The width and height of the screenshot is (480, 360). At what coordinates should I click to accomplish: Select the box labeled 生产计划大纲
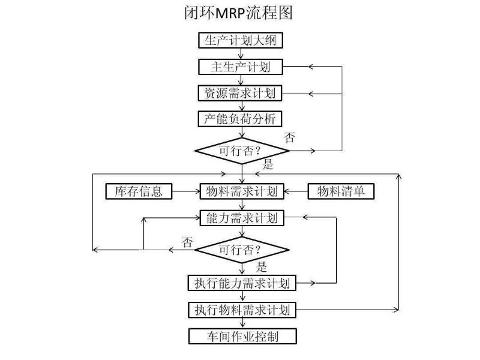(x=241, y=41)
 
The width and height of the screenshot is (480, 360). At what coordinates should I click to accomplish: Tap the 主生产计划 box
(x=241, y=67)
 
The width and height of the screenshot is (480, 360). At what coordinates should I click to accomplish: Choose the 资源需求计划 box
(x=241, y=93)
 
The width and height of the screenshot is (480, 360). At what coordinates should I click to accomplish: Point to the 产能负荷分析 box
(x=241, y=119)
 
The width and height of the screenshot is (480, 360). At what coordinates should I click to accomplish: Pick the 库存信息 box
(x=139, y=191)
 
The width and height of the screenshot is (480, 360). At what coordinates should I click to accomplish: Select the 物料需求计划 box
(x=241, y=191)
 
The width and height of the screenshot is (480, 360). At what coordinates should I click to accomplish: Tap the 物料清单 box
(x=341, y=191)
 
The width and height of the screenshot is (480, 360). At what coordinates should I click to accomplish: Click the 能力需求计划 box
(x=241, y=218)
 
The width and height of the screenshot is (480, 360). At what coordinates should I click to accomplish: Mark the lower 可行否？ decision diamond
(x=242, y=249)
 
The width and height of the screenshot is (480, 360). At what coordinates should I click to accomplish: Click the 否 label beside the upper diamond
(x=290, y=137)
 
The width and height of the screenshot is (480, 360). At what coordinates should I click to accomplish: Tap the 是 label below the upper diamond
(x=268, y=164)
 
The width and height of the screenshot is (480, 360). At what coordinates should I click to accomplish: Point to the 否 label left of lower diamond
(x=188, y=242)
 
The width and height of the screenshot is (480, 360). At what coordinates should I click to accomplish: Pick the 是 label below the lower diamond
(x=262, y=266)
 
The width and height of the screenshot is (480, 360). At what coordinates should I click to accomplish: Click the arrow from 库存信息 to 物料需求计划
(x=185, y=191)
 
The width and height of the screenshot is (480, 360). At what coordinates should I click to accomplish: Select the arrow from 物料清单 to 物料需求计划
(x=296, y=191)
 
